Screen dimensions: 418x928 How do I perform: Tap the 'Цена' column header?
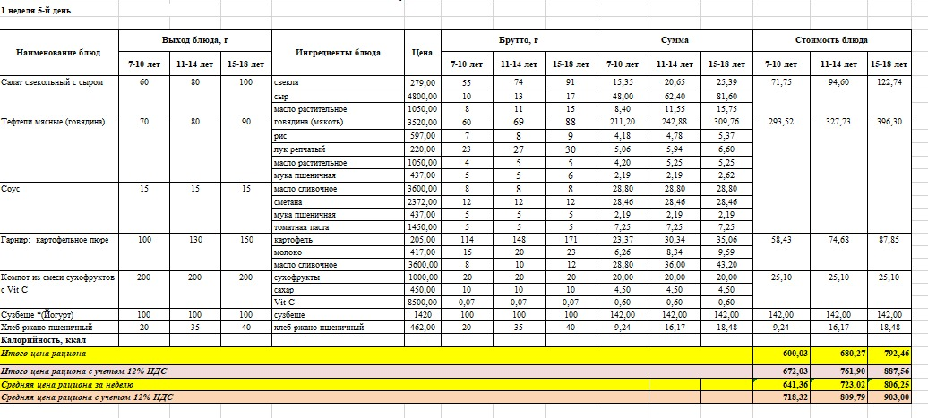pos(422,52)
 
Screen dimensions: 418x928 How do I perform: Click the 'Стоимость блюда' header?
pos(830,41)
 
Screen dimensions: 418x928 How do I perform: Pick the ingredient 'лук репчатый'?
pos(298,149)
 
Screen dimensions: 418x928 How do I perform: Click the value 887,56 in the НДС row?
pos(892,371)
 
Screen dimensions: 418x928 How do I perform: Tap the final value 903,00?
pos(892,397)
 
